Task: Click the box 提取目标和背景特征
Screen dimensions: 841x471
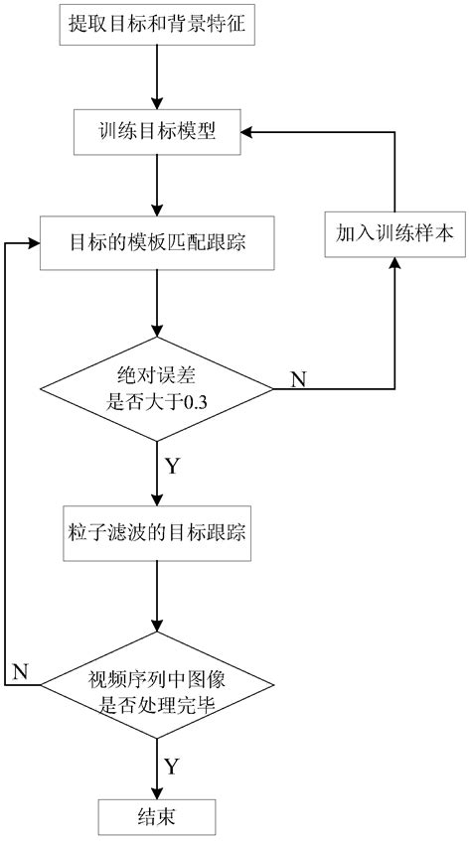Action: (156, 28)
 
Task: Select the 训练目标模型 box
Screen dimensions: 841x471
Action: (156, 132)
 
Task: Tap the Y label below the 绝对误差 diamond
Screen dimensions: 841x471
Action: (172, 465)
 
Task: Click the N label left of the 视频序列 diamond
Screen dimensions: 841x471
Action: (20, 671)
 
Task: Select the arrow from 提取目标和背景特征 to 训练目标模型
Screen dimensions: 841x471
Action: (156, 77)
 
